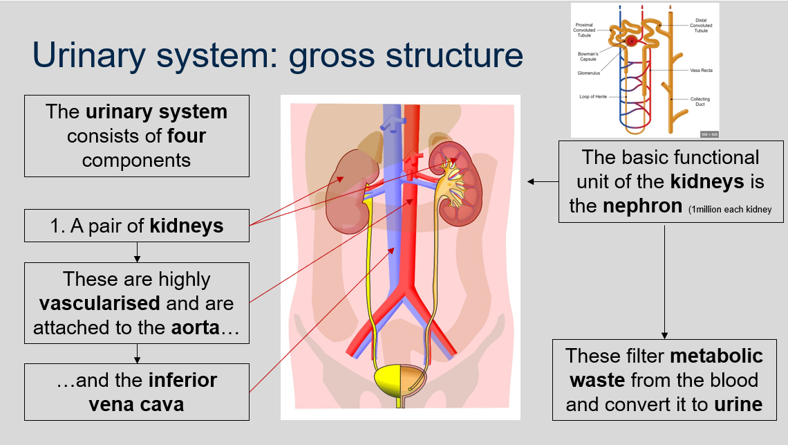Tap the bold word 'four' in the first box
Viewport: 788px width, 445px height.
pos(187,135)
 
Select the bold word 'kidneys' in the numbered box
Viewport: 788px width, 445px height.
pos(187,226)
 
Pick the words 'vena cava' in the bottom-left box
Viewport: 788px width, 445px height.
pos(137,404)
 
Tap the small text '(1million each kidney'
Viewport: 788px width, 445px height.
pos(730,209)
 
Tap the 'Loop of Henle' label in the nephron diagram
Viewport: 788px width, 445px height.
pos(592,97)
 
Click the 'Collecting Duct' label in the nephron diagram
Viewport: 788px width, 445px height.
pos(700,102)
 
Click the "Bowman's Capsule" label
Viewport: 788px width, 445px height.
pos(587,55)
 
